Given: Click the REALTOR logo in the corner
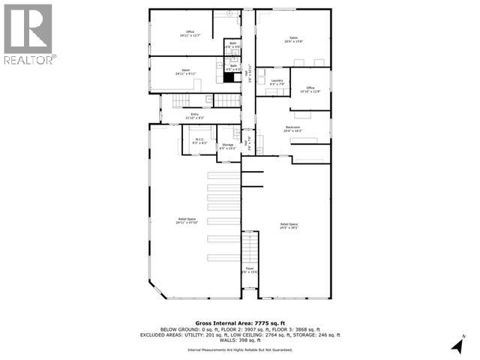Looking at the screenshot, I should click(28, 33).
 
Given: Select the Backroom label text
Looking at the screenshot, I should click(292, 129).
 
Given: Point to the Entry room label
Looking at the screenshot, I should click(194, 115).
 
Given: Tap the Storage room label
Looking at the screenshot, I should click(227, 146).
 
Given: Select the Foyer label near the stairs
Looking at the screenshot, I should click(250, 270).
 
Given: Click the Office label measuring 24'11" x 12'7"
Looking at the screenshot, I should click(190, 33).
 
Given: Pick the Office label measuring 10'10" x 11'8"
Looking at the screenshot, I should click(310, 89).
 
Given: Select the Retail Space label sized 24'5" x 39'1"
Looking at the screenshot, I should click(289, 226).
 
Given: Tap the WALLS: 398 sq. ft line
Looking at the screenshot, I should click(239, 340).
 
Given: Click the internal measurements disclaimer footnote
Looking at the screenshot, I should click(239, 349).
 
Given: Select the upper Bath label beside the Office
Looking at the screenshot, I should click(232, 44).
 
